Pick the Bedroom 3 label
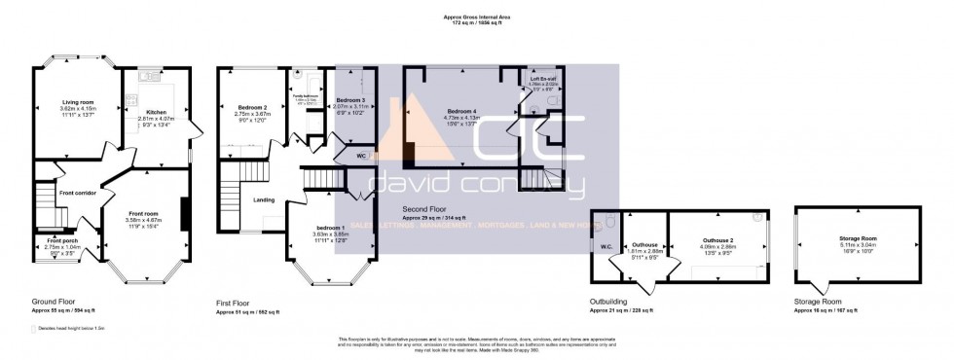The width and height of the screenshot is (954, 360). [350, 100]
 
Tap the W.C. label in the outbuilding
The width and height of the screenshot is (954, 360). [606, 246]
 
